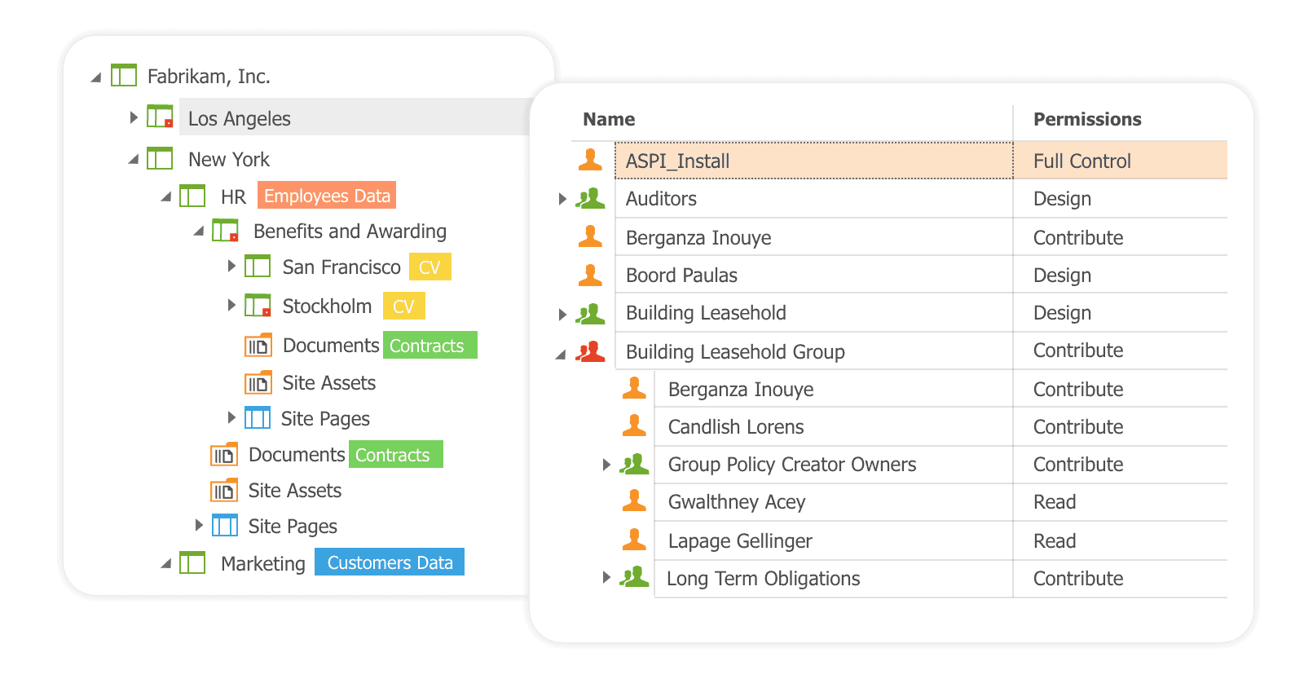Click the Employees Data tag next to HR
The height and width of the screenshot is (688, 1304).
pyautogui.click(x=327, y=196)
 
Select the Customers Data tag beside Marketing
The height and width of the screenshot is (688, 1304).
pyautogui.click(x=390, y=562)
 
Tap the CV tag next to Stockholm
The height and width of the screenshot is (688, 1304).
pyautogui.click(x=403, y=307)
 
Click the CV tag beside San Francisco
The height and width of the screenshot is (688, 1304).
pyautogui.click(x=430, y=267)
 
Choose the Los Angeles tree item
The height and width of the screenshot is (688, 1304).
pyautogui.click(x=240, y=118)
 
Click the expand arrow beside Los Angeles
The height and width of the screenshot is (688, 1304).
pyautogui.click(x=134, y=117)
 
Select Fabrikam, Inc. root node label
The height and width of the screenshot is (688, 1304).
pyautogui.click(x=209, y=76)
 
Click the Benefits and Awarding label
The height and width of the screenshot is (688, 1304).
pyautogui.click(x=350, y=232)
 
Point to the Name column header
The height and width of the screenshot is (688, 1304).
pyautogui.click(x=609, y=119)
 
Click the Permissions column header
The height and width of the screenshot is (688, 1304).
pyautogui.click(x=1087, y=119)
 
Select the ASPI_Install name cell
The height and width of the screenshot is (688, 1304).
pyautogui.click(x=677, y=161)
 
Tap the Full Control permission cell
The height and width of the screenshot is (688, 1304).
pyautogui.click(x=1082, y=161)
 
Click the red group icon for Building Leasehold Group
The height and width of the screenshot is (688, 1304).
pyautogui.click(x=590, y=351)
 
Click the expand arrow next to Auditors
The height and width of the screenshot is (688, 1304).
pyautogui.click(x=562, y=199)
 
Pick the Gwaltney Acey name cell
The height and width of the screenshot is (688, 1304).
pyautogui.click(x=737, y=502)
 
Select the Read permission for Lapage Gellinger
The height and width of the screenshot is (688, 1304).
pyautogui.click(x=1055, y=541)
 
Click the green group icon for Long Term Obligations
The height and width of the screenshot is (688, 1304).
pyautogui.click(x=634, y=577)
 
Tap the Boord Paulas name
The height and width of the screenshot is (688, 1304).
pyautogui.click(x=681, y=276)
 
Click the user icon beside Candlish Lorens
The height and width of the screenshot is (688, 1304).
pyautogui.click(x=634, y=426)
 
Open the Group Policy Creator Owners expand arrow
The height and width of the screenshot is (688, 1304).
pyautogui.click(x=606, y=465)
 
